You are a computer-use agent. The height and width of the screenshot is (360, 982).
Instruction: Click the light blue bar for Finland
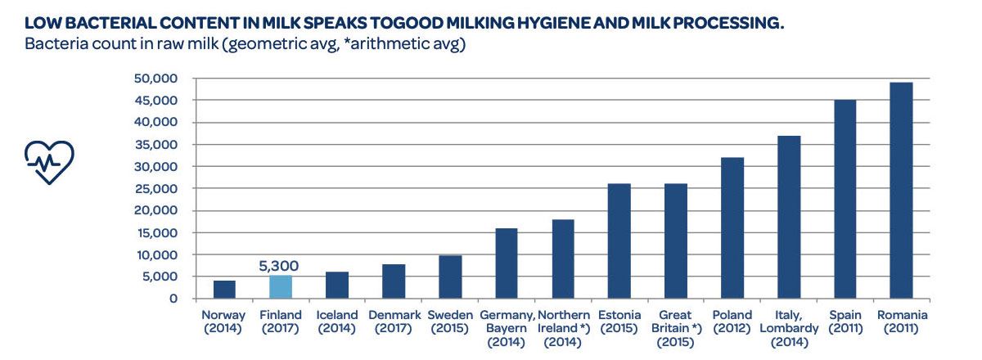(x=281, y=287)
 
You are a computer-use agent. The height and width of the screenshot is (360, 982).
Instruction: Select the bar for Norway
(x=224, y=290)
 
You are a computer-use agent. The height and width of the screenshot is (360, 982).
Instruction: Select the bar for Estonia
(x=619, y=241)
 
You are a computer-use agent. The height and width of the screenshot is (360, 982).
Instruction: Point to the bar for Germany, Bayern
(x=507, y=263)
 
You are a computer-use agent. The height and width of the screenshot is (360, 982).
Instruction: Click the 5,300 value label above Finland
(x=279, y=266)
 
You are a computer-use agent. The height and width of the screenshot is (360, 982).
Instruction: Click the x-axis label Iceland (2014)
(x=337, y=322)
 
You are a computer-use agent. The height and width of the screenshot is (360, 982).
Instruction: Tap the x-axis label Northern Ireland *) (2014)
(x=563, y=328)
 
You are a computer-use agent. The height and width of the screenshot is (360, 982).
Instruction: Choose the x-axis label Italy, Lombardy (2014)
(x=788, y=328)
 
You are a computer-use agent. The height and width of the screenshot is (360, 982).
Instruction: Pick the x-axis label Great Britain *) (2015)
(x=676, y=328)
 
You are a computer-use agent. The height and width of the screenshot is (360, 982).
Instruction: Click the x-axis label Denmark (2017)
(x=394, y=322)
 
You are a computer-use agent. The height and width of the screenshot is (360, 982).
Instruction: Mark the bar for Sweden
(x=450, y=277)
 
